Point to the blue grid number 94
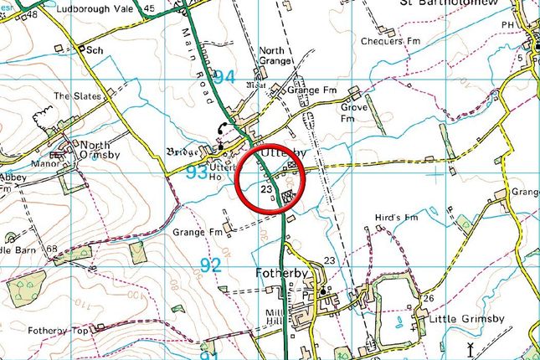coord(224,78)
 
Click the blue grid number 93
coord(196,173)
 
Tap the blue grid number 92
coord(211,266)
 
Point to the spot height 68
coord(52,249)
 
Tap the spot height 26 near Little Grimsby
coord(429,300)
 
